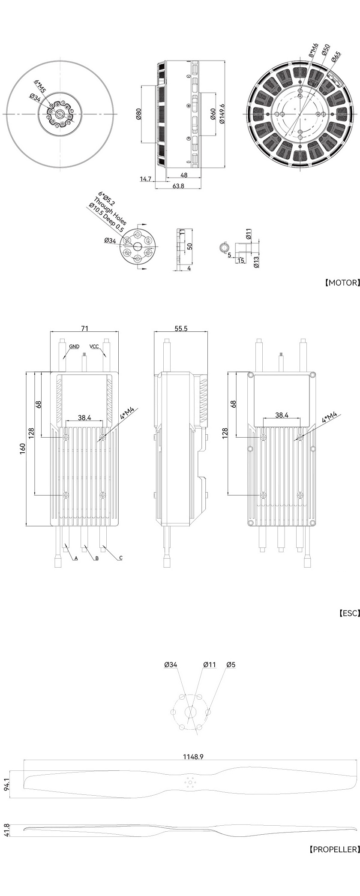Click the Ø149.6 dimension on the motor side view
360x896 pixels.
click(222, 114)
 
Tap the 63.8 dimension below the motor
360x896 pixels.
click(178, 186)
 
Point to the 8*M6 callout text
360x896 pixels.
click(313, 50)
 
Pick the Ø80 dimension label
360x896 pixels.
click(138, 114)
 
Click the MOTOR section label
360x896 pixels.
click(342, 283)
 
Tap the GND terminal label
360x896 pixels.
click(74, 346)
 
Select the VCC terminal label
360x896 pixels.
click(94, 346)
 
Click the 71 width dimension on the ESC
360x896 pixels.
click(85, 328)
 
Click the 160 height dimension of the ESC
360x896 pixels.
click(22, 448)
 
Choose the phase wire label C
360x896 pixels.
click(121, 558)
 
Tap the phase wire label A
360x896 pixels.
click(76, 558)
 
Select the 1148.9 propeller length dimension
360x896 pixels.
click(193, 757)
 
